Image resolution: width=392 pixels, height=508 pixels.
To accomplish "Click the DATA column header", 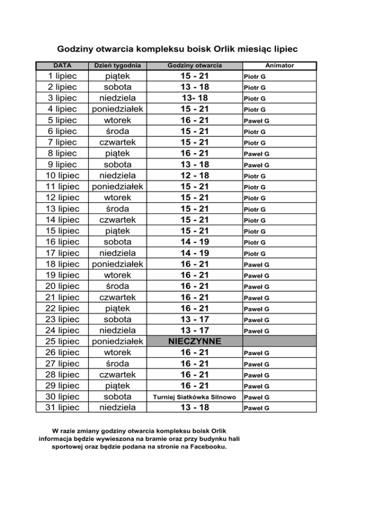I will coord(62,65).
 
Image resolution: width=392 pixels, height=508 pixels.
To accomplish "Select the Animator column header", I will coord(279,65).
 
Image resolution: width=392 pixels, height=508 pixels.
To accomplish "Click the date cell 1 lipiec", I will coord(62,77).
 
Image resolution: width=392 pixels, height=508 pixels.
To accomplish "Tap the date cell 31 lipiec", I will coord(62,408).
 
